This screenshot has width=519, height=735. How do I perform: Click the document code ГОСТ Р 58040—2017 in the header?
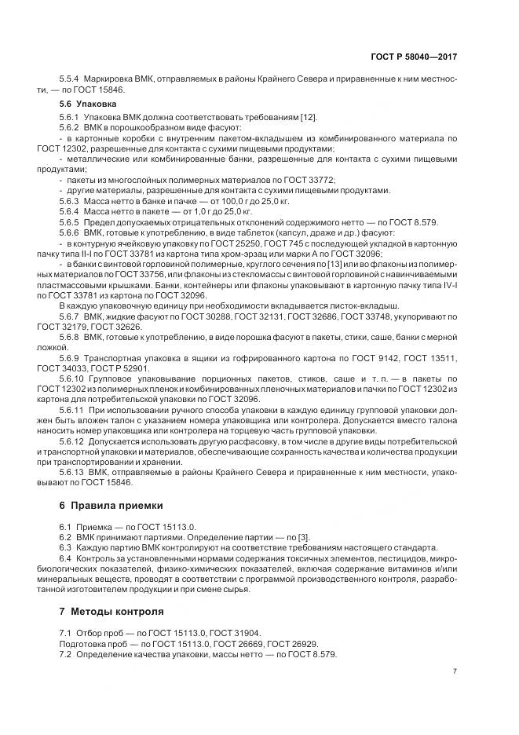point(413,57)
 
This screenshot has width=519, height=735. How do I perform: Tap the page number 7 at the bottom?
point(455,671)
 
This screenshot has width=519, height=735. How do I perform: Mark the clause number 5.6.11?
point(72,409)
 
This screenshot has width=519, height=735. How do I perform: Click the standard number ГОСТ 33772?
point(305,180)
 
